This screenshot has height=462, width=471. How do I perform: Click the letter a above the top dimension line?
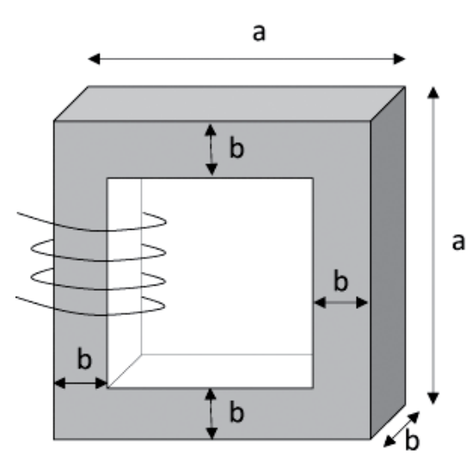click(x=260, y=33)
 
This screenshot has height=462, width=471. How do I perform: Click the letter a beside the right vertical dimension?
click(x=458, y=242)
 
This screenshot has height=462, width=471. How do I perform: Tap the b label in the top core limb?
click(x=237, y=147)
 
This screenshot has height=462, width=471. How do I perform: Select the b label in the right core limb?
click(x=341, y=280)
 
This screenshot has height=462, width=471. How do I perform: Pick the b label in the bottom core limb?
click(x=237, y=412)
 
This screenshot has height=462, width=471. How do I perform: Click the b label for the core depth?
click(x=413, y=440)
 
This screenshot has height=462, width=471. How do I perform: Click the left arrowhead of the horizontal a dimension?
click(x=94, y=59)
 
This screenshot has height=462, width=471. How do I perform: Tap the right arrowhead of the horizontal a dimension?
click(x=400, y=59)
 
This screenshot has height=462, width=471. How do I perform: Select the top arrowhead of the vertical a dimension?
click(x=433, y=92)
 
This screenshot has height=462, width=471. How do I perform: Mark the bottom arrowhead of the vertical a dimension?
click(x=433, y=398)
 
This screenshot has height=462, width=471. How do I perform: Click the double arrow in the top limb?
click(x=211, y=150)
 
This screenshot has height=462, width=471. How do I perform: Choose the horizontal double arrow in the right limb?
click(x=340, y=302)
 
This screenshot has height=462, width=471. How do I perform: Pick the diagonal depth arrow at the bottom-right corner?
click(x=401, y=429)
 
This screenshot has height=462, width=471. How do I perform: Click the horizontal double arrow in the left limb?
click(x=81, y=383)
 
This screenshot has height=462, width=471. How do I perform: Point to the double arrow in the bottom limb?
click(x=211, y=414)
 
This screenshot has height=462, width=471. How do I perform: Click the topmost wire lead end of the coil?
click(x=17, y=213)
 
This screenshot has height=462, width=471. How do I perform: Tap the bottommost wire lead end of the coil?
click(x=16, y=297)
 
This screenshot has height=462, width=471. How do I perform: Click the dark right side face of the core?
click(x=388, y=262)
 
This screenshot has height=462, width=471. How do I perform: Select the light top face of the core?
click(x=229, y=103)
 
